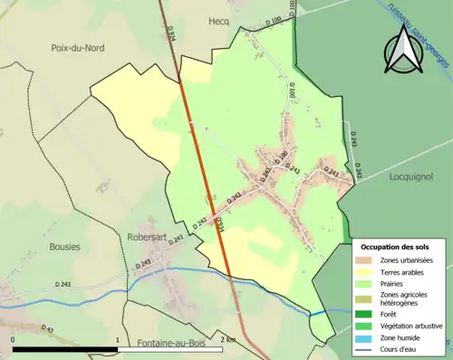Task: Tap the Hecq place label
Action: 219,22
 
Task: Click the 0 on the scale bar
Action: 14,340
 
